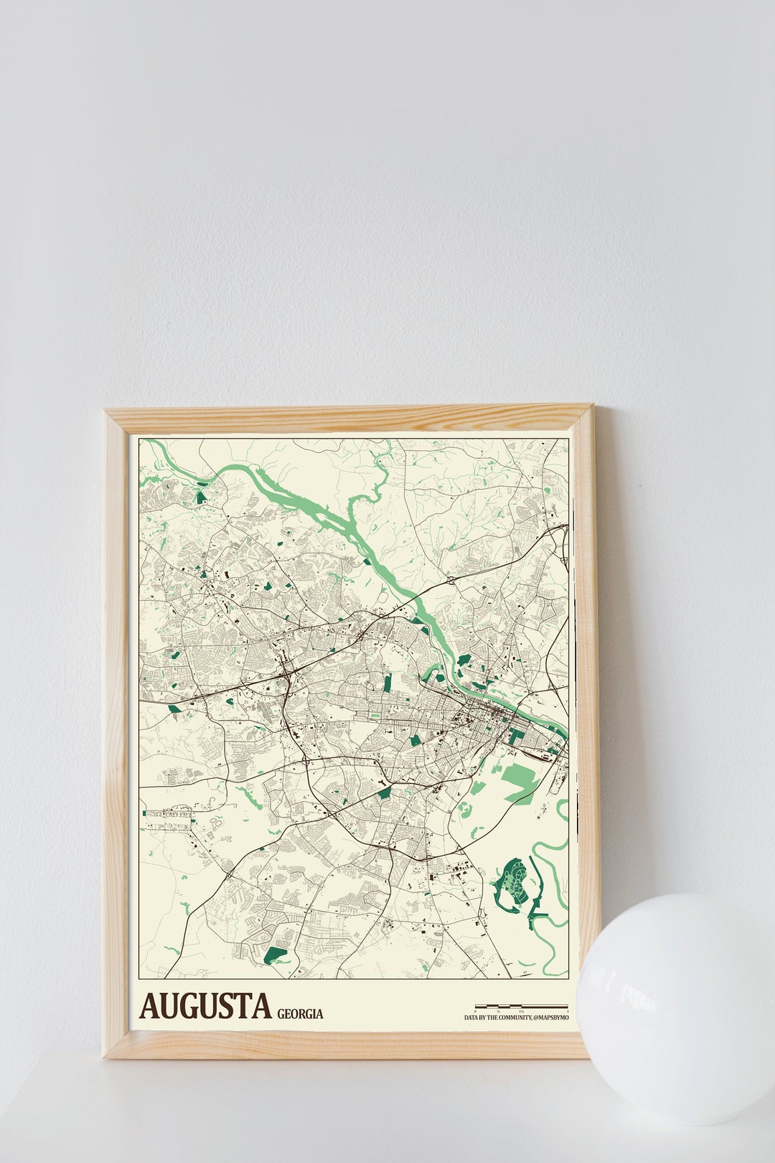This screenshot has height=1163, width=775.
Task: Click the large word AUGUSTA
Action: (x=206, y=1006)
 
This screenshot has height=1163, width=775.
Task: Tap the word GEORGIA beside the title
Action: (x=300, y=1014)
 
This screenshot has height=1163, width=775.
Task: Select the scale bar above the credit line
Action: (x=521, y=1006)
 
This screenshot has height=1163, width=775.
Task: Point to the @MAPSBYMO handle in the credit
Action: (x=551, y=1017)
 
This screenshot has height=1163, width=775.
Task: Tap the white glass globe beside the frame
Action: (x=675, y=1005)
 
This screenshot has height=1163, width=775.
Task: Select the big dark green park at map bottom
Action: (x=276, y=956)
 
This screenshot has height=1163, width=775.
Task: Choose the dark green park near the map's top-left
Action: (x=202, y=495)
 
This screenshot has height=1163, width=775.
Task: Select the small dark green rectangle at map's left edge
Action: (x=144, y=813)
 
